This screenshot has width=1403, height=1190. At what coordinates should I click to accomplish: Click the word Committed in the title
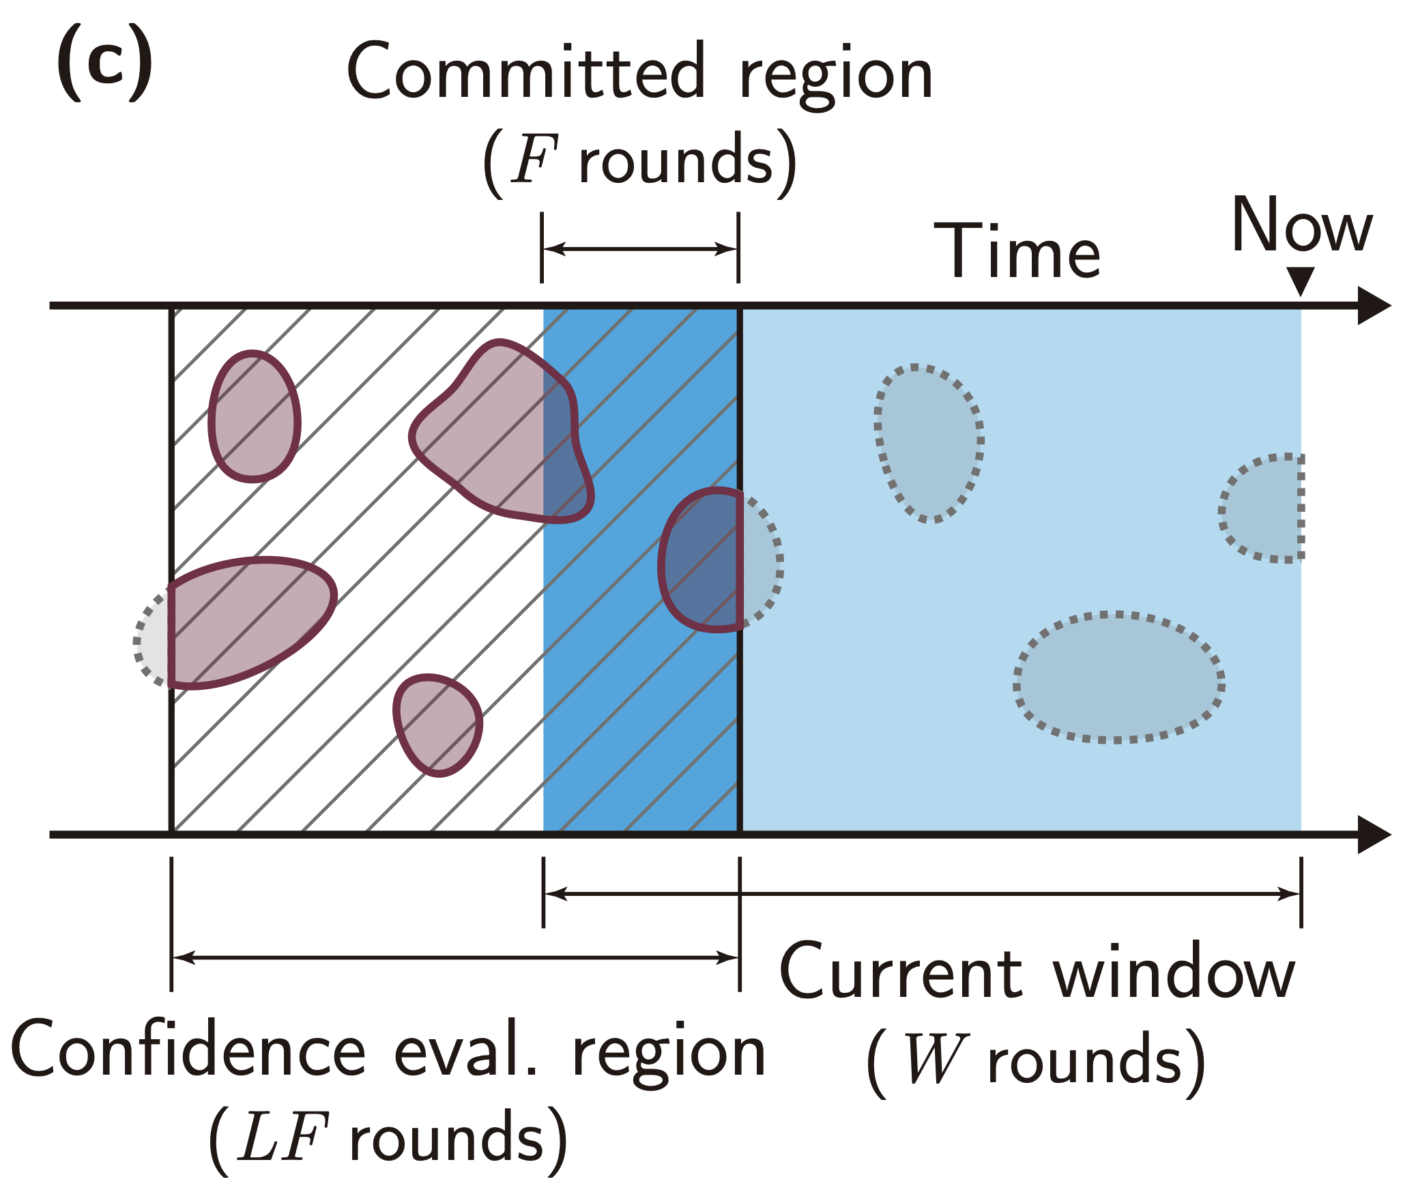click(525, 72)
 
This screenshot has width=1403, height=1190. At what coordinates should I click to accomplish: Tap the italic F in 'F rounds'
click(534, 161)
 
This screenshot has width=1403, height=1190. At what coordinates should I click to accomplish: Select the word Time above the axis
click(1017, 252)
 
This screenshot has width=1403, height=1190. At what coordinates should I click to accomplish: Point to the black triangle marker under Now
click(1301, 280)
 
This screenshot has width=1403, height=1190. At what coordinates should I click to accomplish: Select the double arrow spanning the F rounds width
click(640, 249)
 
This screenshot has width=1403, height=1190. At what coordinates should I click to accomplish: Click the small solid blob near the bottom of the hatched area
click(438, 725)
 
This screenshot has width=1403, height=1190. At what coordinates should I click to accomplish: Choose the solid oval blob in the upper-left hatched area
click(254, 416)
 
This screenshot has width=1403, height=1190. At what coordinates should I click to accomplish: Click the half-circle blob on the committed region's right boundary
click(703, 560)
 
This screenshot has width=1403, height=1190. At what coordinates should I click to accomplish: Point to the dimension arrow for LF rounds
click(455, 958)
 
